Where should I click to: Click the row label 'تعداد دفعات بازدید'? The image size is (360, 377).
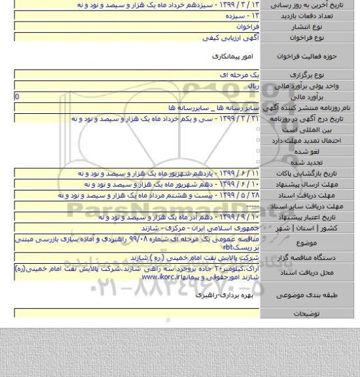coord(310,14)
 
